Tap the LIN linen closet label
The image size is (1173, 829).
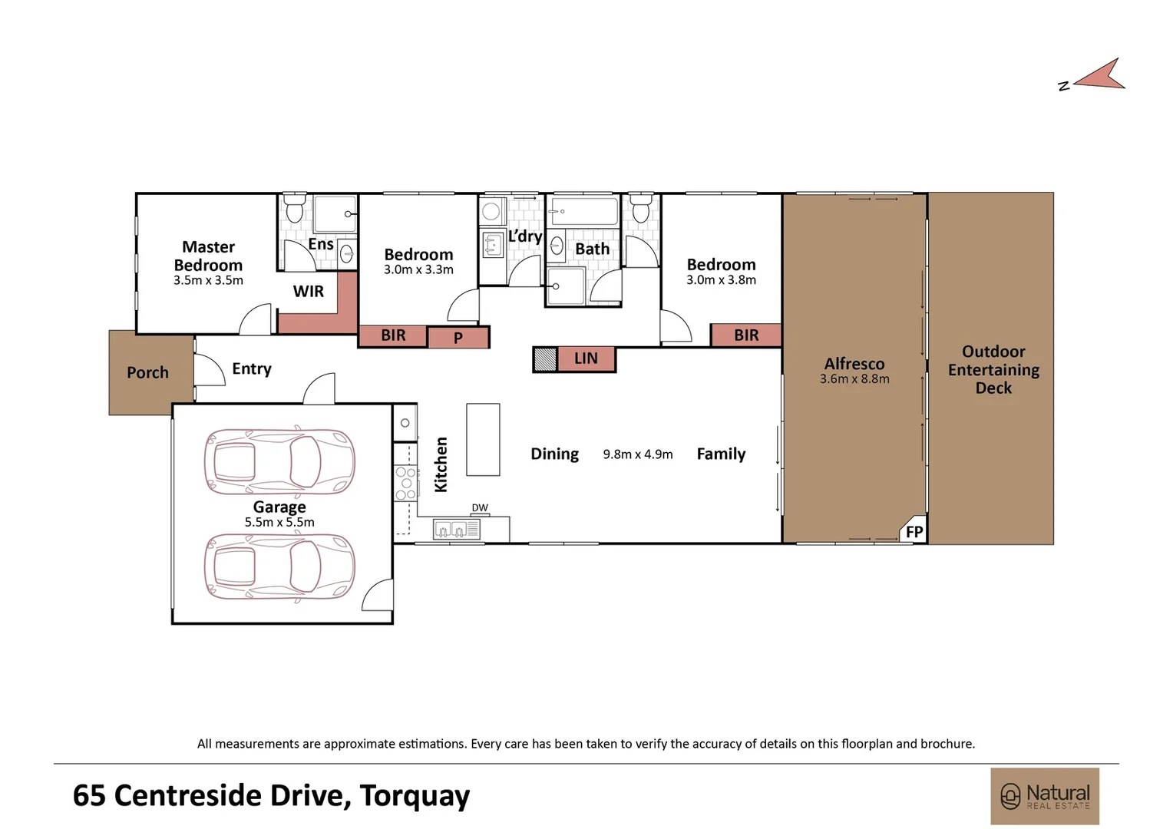(x=586, y=358)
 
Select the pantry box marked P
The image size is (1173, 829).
(x=458, y=337)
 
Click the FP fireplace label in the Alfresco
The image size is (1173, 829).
(x=914, y=532)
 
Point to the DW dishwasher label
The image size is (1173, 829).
(x=480, y=507)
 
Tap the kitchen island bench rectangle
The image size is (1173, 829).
(x=483, y=439)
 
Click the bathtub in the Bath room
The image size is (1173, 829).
(x=583, y=211)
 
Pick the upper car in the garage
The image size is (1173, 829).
(x=279, y=461)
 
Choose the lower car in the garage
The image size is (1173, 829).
(x=279, y=566)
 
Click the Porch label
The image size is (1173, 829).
(x=147, y=373)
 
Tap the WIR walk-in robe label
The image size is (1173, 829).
(x=309, y=291)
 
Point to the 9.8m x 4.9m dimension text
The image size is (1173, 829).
(x=638, y=454)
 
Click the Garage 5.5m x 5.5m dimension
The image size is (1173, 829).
(x=279, y=522)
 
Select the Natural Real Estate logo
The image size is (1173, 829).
(x=1045, y=796)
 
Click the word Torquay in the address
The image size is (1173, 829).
(x=415, y=796)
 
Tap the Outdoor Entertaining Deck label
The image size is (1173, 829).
(x=993, y=370)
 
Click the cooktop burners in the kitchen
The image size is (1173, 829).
(x=406, y=484)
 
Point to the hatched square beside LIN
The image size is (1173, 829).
(x=545, y=359)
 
